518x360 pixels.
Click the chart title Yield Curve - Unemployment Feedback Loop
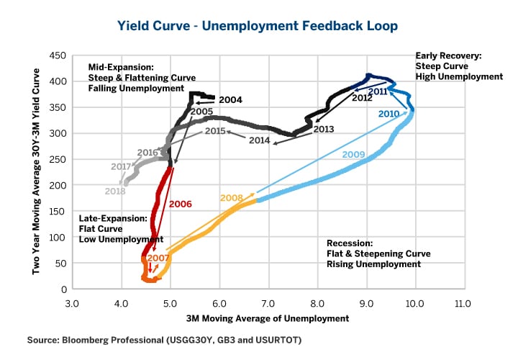(258, 26)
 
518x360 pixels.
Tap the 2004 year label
(230, 99)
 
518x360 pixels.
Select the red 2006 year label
(180, 204)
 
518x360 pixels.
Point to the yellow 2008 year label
(231, 197)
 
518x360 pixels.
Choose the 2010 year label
(388, 114)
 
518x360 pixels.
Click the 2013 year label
(324, 129)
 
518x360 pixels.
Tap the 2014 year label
(260, 140)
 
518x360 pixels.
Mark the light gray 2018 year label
(115, 191)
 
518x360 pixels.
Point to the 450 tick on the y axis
(58, 55)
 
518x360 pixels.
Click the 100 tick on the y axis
(58, 237)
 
